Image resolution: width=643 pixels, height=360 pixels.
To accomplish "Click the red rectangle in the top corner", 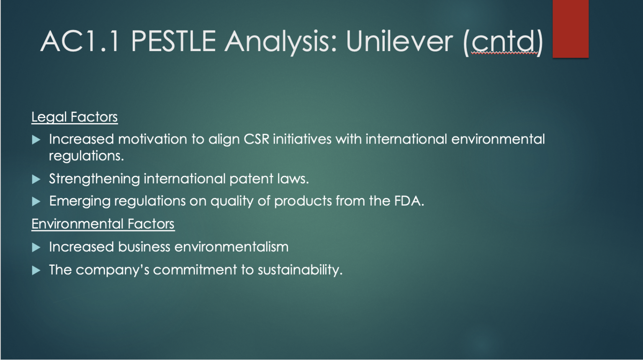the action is point(571,29).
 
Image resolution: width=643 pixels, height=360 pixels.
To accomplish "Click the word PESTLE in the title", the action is point(173,41).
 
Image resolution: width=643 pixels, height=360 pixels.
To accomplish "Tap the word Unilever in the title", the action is point(399,41).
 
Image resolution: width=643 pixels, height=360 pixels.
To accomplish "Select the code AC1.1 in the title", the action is point(80,41).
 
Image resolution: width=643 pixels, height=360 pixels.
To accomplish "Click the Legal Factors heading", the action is point(75,117).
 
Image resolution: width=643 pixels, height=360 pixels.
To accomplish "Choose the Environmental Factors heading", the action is point(103,224).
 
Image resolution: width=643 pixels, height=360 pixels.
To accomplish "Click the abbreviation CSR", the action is point(256,139).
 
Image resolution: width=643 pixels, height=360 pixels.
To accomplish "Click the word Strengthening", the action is point(95,179).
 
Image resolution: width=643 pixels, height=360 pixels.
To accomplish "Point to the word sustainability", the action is point(300,270).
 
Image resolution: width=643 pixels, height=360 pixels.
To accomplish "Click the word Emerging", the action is point(80,201).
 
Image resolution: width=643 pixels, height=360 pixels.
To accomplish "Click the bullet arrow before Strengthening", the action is point(36,180).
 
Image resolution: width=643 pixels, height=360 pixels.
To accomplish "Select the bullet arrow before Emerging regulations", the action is point(36,201).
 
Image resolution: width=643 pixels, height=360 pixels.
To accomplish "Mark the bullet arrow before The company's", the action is point(36,270).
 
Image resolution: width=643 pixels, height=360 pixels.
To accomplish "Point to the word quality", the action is point(232,201).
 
